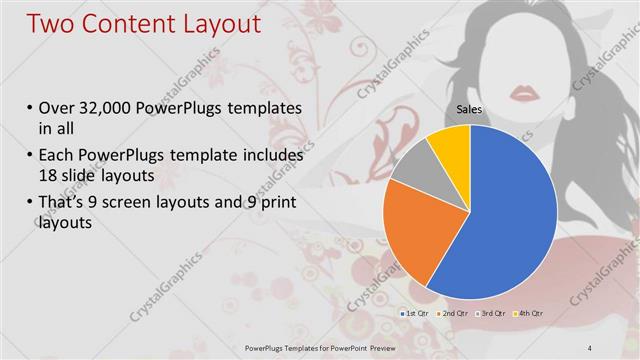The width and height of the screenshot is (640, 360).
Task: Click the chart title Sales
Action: pos(470,108)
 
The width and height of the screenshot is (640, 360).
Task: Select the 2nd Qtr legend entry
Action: pos(453,314)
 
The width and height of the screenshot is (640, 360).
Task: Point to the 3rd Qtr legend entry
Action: pos(492,314)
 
